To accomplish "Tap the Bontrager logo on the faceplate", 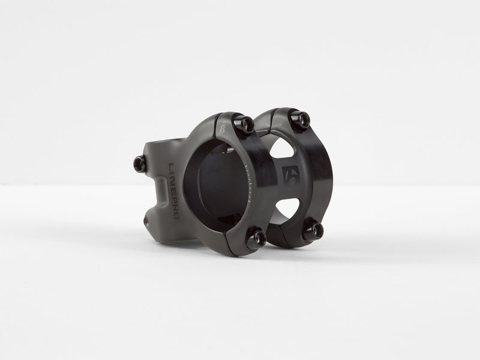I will point(291,175).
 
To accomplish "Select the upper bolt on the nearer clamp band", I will point(245,124).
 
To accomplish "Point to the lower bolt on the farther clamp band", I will point(312,230).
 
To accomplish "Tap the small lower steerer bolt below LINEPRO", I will point(148,221).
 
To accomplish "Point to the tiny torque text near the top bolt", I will point(223,128).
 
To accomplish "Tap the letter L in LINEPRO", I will point(170,166).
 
